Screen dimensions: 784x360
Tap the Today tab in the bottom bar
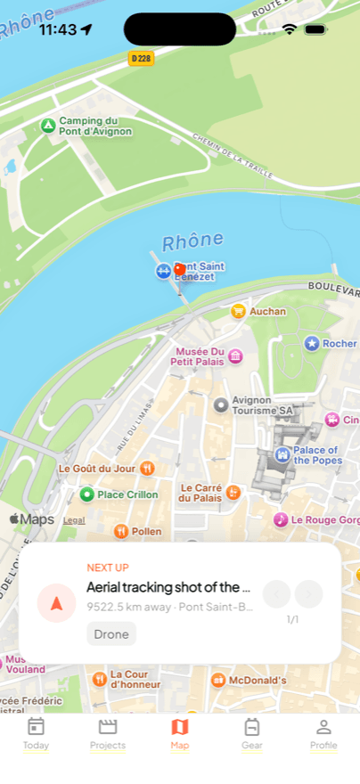pos(36,733)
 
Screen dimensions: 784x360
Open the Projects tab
pos(108,733)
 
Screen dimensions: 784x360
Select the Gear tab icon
pos(252,733)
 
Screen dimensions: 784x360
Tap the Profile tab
pos(323,733)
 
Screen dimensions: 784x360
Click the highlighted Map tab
pos(180,733)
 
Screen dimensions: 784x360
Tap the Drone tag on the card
pos(111,633)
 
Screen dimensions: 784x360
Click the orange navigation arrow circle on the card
pos(56,603)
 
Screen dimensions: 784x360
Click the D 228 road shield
pos(141,58)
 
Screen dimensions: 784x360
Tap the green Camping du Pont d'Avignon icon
pos(48,126)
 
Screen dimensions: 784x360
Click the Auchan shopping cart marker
pos(238,311)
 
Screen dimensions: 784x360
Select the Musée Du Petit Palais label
pos(200,356)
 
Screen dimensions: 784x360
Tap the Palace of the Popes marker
pos(282,455)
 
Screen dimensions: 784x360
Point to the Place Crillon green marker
pos(86,494)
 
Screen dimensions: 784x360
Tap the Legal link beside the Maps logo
pos(74,520)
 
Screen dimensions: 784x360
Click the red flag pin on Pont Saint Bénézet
pos(179,268)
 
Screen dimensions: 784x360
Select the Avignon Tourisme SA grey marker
pos(221,405)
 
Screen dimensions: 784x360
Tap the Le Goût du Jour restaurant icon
pos(147,468)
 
